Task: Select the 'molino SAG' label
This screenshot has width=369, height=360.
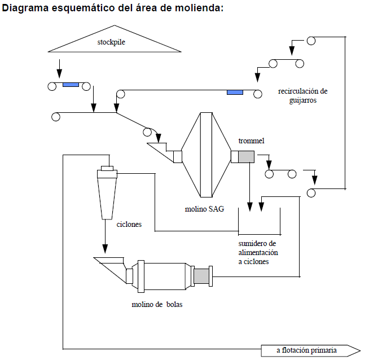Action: click(x=204, y=209)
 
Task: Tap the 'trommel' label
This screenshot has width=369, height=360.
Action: click(x=251, y=141)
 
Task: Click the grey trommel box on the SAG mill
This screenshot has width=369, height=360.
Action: click(x=246, y=157)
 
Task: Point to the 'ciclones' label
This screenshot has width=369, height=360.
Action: click(x=129, y=224)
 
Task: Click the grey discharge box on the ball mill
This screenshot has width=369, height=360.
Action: click(x=201, y=276)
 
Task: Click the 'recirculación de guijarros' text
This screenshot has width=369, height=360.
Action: click(x=302, y=95)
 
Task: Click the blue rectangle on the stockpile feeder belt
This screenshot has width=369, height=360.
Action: click(x=71, y=85)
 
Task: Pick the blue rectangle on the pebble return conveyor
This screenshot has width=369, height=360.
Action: click(x=234, y=92)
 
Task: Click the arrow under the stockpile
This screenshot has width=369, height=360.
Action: click(x=60, y=72)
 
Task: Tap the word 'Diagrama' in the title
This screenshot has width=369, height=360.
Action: click(x=23, y=11)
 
